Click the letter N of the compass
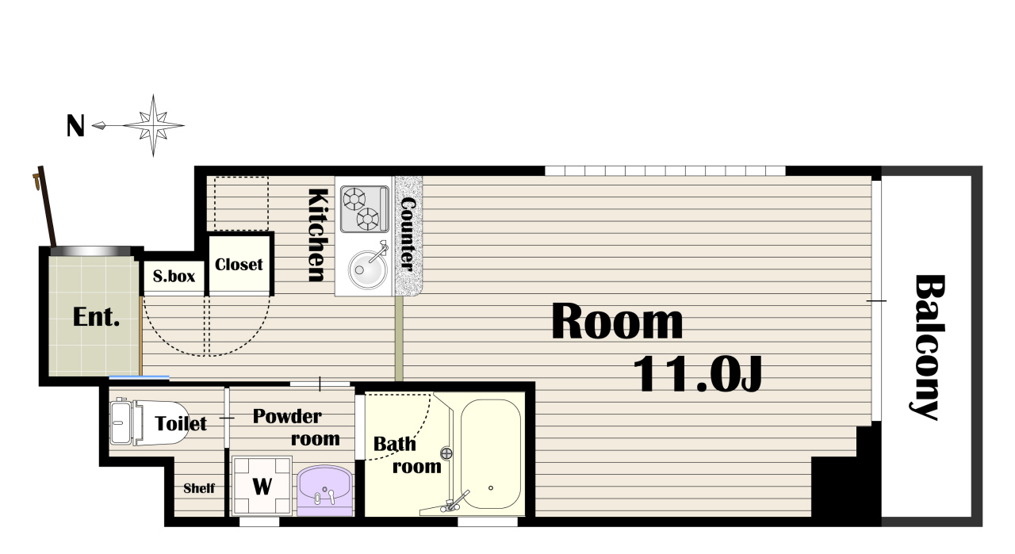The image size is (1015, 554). [x=75, y=126]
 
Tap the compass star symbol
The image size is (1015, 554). [x=154, y=125]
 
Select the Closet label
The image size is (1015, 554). [x=239, y=265]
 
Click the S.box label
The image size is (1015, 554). [x=174, y=276]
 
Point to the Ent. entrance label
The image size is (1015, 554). [x=96, y=317]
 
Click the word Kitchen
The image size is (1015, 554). [x=317, y=235]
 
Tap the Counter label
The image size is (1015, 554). [x=408, y=235]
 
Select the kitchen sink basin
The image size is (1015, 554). [x=367, y=269]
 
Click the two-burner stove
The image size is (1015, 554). [x=365, y=209]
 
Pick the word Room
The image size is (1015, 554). [x=617, y=322]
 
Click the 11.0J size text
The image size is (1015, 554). [x=698, y=374]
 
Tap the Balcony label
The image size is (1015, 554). [x=928, y=347]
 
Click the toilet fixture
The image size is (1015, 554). [x=148, y=422]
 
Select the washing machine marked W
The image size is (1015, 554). [x=262, y=486]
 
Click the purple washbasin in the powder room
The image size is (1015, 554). [x=324, y=491]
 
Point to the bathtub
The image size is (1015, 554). [x=491, y=454]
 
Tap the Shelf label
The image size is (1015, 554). [x=199, y=488]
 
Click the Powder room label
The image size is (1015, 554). [x=297, y=427]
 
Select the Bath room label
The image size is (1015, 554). [x=407, y=455]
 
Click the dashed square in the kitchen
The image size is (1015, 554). [x=242, y=204]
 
